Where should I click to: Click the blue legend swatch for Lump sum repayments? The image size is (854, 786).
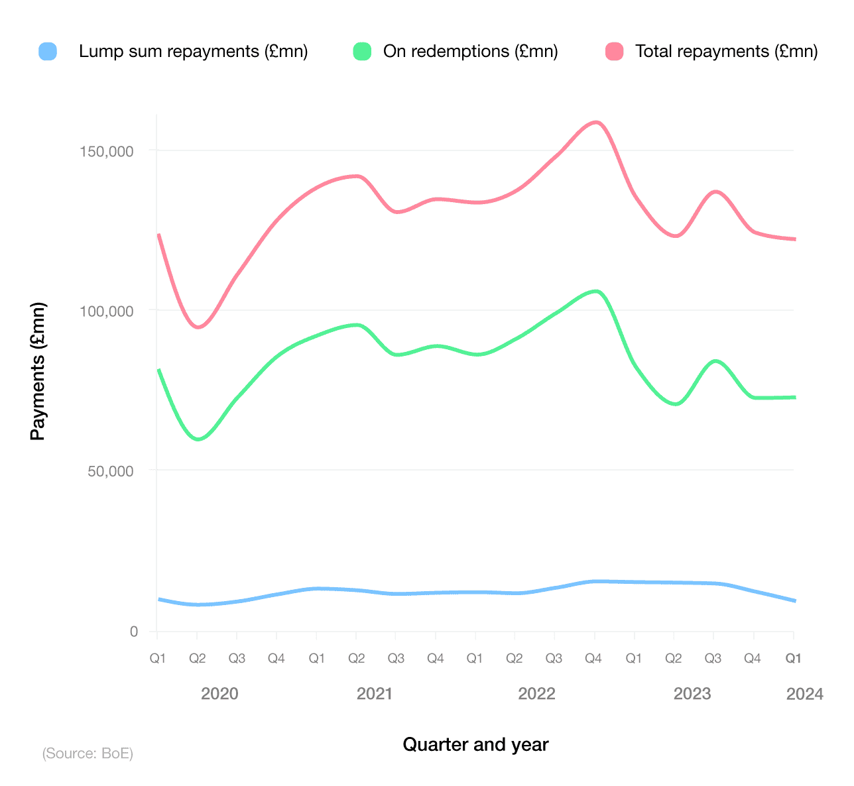[x=48, y=51]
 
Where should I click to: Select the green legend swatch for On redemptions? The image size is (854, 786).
[x=362, y=51]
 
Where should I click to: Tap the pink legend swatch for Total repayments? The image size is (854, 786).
[x=615, y=51]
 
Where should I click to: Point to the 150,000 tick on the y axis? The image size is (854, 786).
[x=107, y=152]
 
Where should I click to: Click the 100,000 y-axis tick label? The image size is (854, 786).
[x=107, y=311]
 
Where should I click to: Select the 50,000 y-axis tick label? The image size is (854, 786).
[x=110, y=472]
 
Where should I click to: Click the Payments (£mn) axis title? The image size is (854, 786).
[x=38, y=371]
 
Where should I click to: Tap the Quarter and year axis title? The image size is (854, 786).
[x=475, y=745]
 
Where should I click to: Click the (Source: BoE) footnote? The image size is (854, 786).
[x=88, y=754]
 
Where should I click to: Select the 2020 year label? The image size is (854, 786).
[x=219, y=694]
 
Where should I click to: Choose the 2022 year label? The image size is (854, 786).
[x=536, y=694]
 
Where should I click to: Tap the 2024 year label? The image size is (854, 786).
[x=804, y=694]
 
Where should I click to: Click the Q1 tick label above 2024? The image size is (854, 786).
[x=793, y=659]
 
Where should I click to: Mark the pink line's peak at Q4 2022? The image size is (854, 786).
[x=595, y=123]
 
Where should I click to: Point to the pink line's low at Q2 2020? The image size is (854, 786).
[x=198, y=327]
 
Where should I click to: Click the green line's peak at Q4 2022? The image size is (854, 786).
[x=596, y=291]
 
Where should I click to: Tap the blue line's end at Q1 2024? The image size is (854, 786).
[x=793, y=600]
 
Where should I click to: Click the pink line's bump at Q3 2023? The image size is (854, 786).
[x=715, y=192]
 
